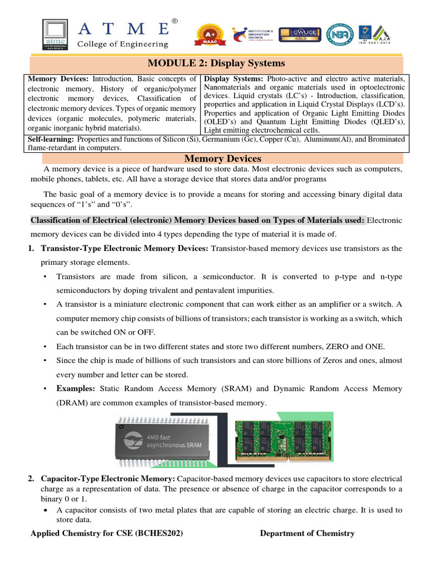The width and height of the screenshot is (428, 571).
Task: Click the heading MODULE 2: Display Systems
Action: (x=216, y=63)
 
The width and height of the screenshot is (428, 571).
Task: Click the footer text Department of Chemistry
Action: (x=307, y=533)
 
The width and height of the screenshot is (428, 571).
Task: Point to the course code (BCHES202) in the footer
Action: (x=159, y=533)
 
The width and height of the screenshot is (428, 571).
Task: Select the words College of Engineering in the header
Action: (x=123, y=44)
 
